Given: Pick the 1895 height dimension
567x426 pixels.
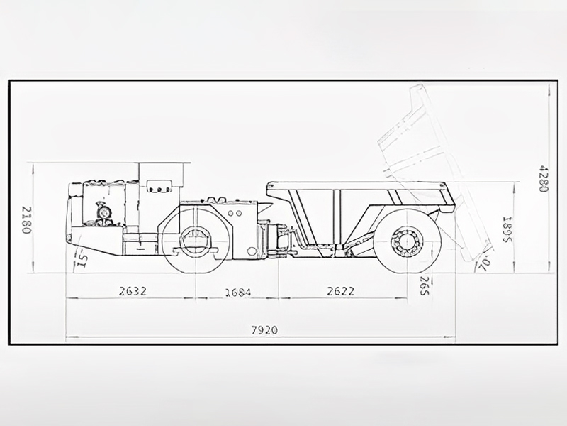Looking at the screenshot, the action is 507,230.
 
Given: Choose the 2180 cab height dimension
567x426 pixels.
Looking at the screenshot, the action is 27,220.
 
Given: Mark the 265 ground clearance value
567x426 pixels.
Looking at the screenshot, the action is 425,285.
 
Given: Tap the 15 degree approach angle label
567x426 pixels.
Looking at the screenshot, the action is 82,260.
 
